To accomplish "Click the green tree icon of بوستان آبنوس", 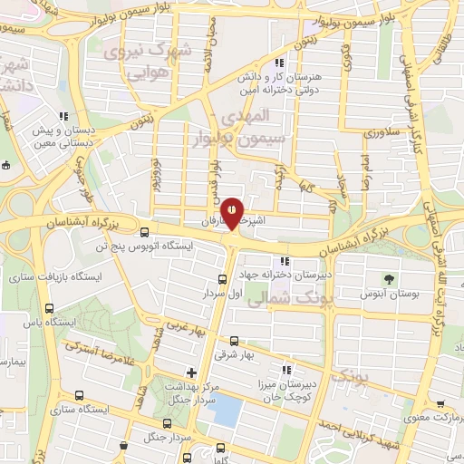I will [390, 277].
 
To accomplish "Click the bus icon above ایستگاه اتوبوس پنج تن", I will [121, 231].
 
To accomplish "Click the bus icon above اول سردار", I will [223, 279].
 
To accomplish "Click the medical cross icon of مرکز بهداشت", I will [190, 372].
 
